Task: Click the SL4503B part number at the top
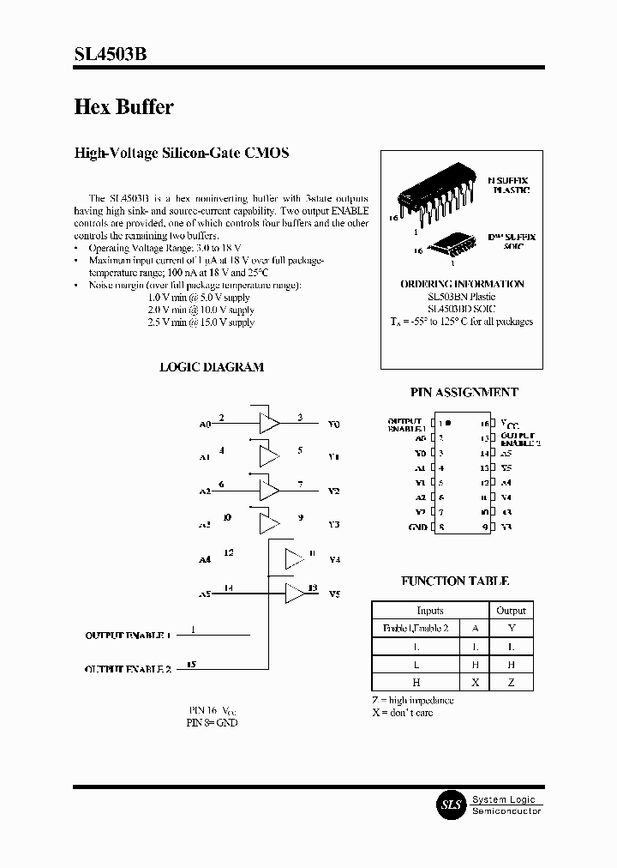click(111, 54)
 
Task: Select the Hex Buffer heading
click(124, 107)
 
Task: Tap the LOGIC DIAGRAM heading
click(212, 367)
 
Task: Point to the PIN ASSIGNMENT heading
click(464, 392)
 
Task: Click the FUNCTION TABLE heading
click(455, 581)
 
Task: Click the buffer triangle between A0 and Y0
click(269, 422)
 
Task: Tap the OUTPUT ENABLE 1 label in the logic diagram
click(128, 636)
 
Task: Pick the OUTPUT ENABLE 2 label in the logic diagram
click(128, 668)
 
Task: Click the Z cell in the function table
click(511, 682)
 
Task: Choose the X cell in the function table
click(475, 682)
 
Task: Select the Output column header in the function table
click(511, 611)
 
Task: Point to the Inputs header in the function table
click(430, 611)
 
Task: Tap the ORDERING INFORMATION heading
click(462, 284)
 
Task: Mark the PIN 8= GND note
click(212, 722)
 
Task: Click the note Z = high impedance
click(413, 700)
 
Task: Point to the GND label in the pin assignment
click(417, 527)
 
